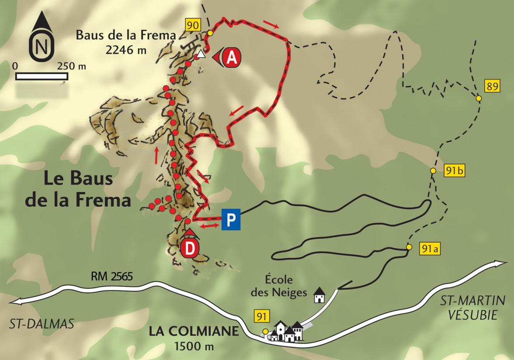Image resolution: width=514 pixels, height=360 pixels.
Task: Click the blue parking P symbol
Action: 231,219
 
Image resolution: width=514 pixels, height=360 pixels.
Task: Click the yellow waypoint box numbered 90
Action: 193,24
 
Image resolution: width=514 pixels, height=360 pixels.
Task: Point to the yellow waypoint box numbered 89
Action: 492,86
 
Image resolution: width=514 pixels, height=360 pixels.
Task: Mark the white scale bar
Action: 42,76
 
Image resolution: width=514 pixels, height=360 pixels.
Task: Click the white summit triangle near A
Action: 200,55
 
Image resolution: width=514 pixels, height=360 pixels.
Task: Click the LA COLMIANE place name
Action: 194,331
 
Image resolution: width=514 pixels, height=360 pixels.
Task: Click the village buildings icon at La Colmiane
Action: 287,332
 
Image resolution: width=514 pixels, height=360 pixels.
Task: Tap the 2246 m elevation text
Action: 126,50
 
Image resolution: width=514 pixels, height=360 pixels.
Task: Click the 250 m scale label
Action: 71,66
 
